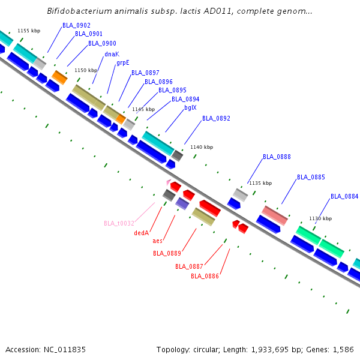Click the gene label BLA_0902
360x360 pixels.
(x=76, y=25)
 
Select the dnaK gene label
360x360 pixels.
(x=112, y=54)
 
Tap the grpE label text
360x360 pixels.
(x=123, y=62)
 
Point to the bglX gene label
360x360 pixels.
(x=190, y=108)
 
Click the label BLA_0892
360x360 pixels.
(x=216, y=118)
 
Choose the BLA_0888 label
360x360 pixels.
(x=277, y=157)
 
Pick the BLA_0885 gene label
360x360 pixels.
(x=311, y=177)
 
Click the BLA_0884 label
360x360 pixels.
(x=344, y=196)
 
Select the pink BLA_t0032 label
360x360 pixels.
(x=119, y=223)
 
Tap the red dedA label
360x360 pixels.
(x=141, y=233)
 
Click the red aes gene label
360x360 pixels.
(x=158, y=241)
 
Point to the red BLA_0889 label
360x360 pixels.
(x=167, y=253)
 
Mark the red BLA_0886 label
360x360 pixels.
(x=205, y=276)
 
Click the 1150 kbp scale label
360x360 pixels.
(x=86, y=70)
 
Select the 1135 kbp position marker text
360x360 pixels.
(x=260, y=183)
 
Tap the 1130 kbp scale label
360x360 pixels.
(x=320, y=218)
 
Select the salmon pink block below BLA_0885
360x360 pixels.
(x=275, y=215)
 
